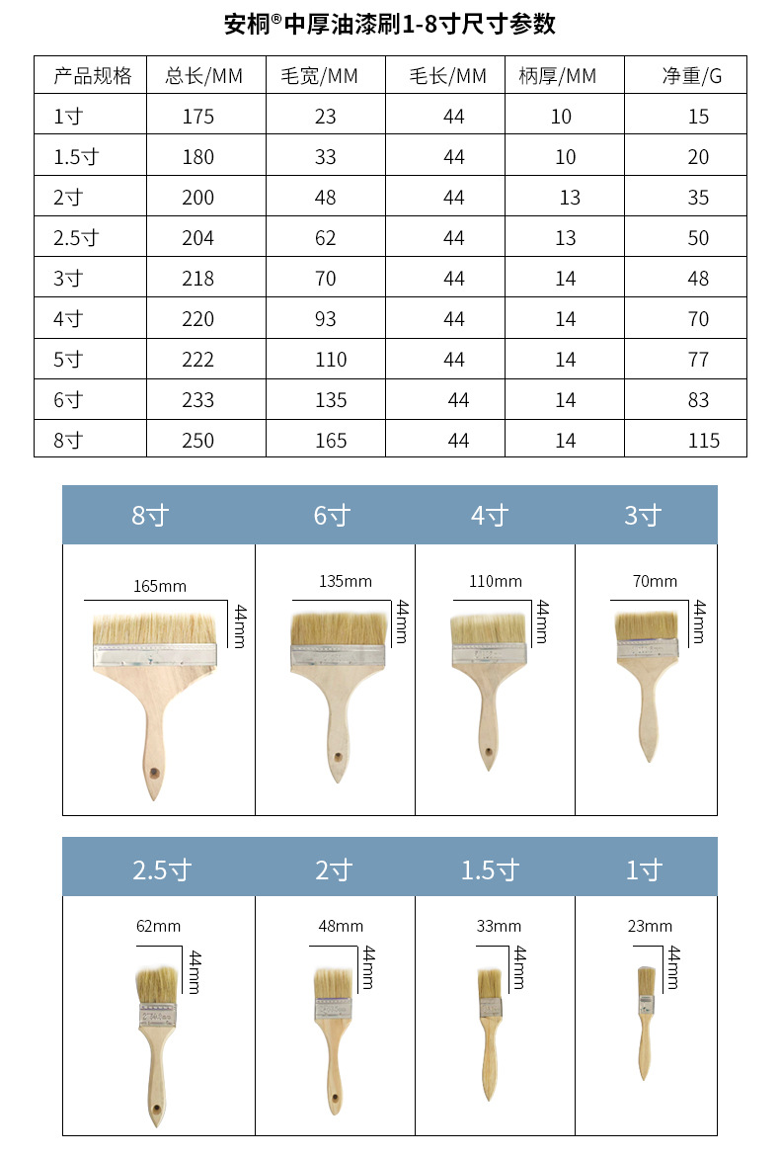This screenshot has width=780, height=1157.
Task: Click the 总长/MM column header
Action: click(203, 76)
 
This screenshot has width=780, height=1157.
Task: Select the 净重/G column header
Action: click(691, 76)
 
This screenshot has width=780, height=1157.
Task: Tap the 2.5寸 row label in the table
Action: click(76, 238)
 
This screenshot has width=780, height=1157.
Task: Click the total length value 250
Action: click(197, 441)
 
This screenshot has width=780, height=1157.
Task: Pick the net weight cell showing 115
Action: click(704, 441)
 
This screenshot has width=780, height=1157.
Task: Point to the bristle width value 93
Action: click(325, 319)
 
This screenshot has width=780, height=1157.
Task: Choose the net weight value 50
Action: click(698, 238)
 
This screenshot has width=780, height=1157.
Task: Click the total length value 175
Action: click(197, 117)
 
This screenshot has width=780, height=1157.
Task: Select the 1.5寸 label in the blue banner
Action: click(490, 870)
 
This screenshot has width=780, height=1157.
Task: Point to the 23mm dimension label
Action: click(650, 927)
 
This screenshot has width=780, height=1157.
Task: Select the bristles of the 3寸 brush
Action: click(647, 625)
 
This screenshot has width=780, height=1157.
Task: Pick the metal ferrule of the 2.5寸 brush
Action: click(156, 1015)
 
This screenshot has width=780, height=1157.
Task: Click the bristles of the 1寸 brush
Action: click(647, 979)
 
